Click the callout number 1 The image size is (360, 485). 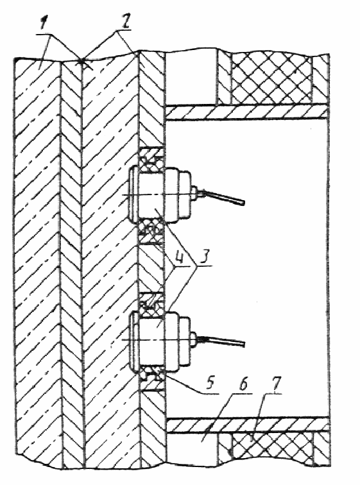coord(45,24)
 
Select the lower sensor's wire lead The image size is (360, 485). coord(222,341)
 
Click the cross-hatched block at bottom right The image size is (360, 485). coord(271,448)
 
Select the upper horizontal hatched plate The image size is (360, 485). coord(247,112)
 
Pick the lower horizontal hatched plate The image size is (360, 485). coord(247,425)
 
